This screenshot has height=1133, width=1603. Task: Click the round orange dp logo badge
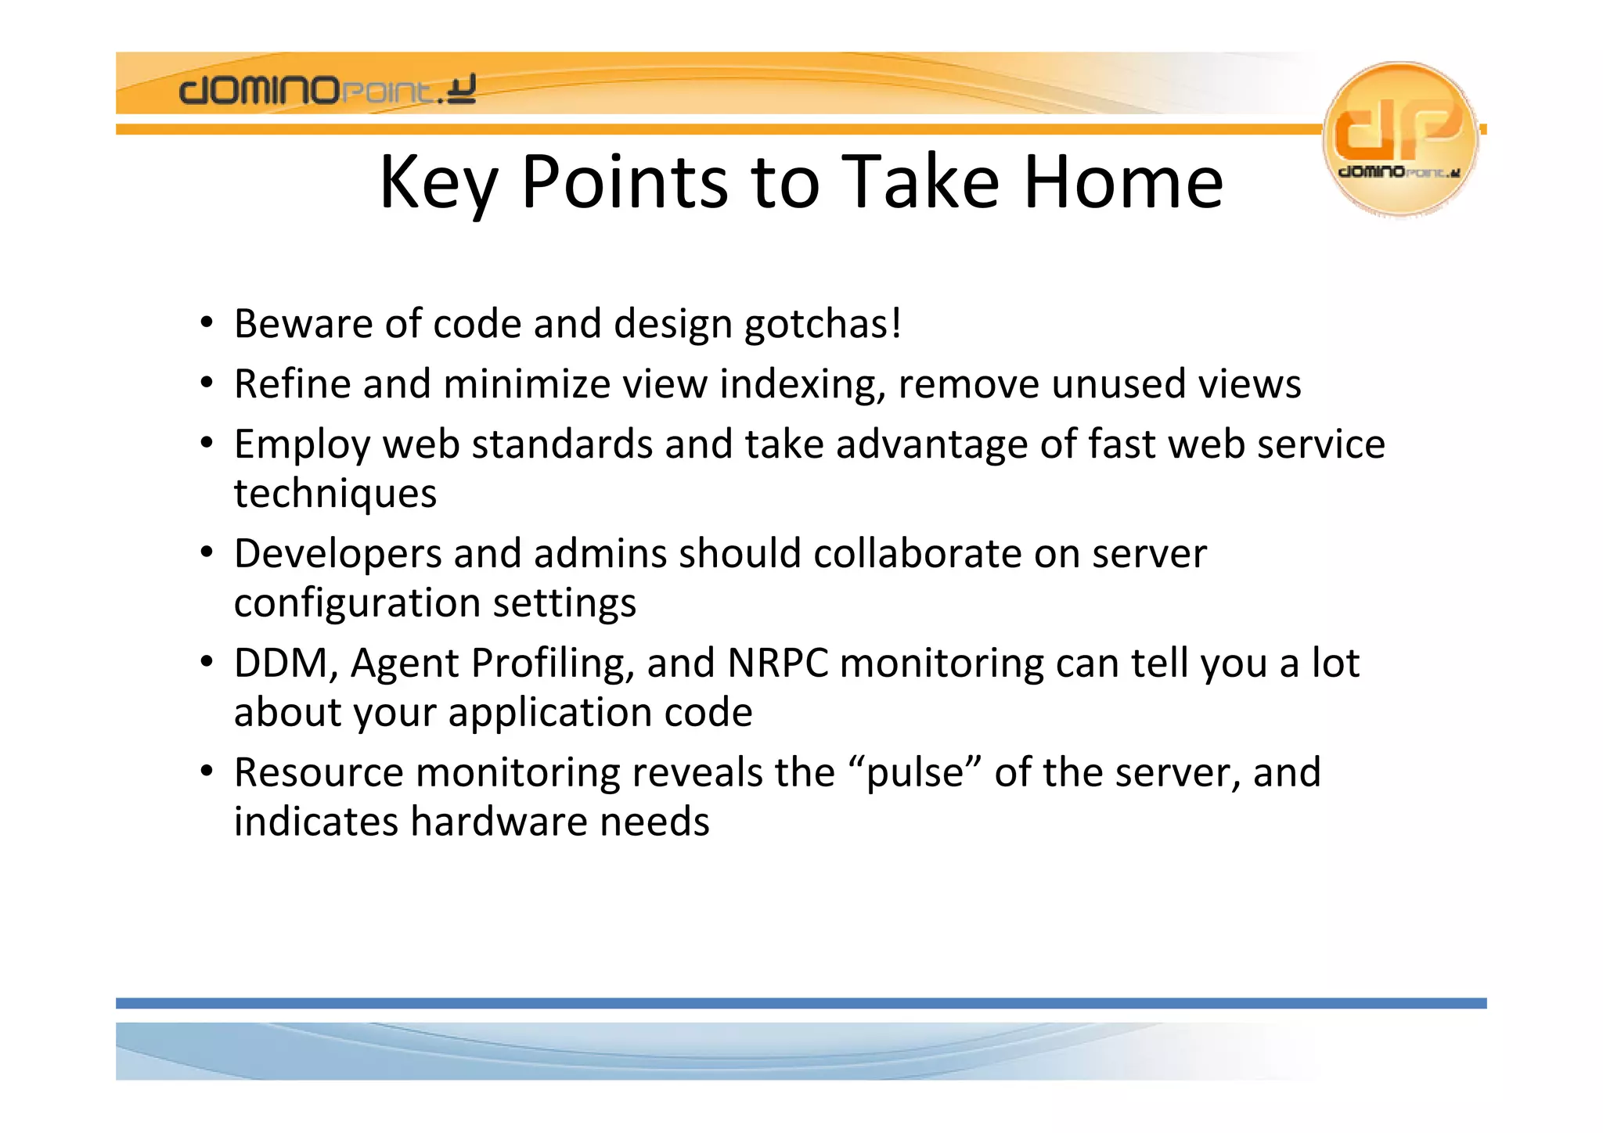click(1399, 138)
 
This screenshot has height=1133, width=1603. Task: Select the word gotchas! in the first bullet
click(823, 324)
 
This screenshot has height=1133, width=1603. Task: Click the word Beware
click(303, 324)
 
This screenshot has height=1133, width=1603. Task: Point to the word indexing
click(801, 385)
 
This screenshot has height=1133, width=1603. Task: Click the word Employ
click(301, 445)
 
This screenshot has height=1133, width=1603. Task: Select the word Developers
click(337, 555)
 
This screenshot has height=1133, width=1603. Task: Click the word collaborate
click(917, 554)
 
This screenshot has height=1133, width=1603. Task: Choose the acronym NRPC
click(778, 664)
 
